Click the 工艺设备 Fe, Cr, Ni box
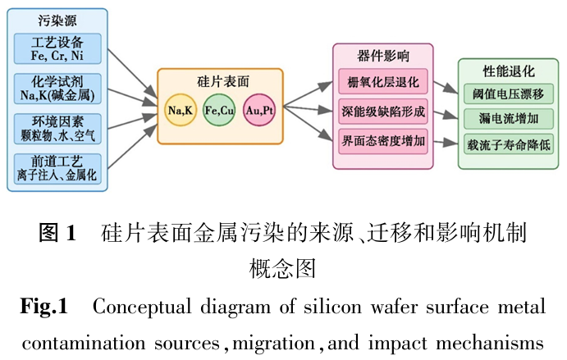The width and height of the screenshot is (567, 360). click(x=57, y=48)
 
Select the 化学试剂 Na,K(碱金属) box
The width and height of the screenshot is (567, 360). click(x=57, y=88)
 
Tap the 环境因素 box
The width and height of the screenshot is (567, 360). click(x=57, y=127)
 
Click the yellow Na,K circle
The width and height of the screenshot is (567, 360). click(x=180, y=110)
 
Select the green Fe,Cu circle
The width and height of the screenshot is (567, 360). click(x=220, y=110)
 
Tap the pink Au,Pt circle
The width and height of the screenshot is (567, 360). click(x=259, y=110)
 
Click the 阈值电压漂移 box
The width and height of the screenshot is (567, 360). click(x=502, y=93)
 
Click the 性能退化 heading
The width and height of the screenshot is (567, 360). click(x=503, y=71)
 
